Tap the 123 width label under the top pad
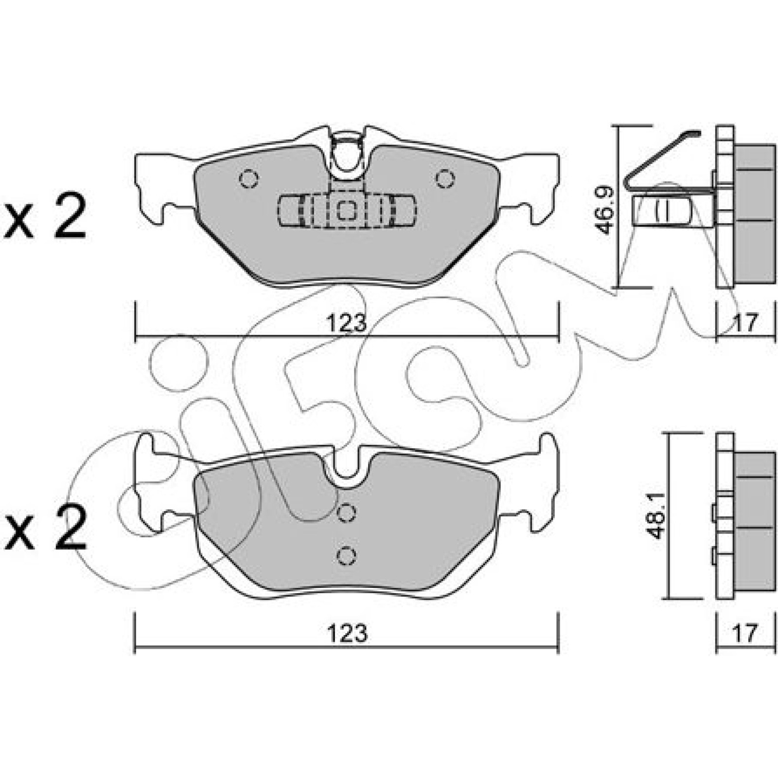pyautogui.click(x=347, y=323)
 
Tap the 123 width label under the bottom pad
pyautogui.click(x=347, y=633)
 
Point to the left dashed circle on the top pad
pyautogui.click(x=248, y=179)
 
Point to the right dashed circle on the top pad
pyautogui.click(x=444, y=179)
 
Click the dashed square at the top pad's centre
pyautogui.click(x=346, y=211)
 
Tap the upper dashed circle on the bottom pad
pyautogui.click(x=346, y=513)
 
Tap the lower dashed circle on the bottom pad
pyautogui.click(x=346, y=556)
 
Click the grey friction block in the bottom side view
pyautogui.click(x=754, y=522)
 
